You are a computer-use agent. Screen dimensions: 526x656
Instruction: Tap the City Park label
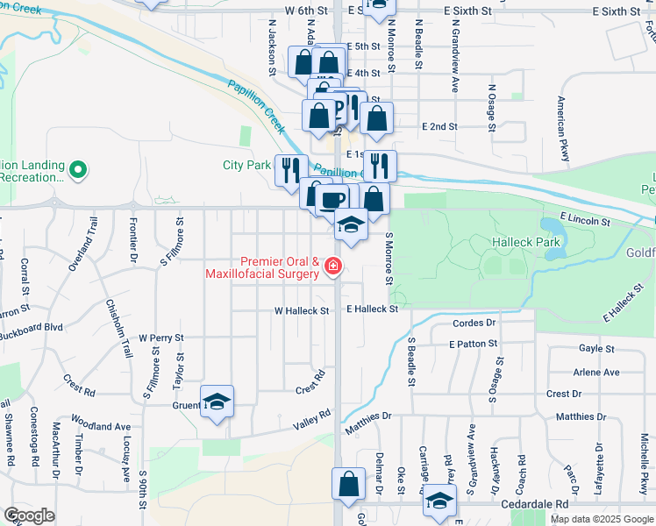[x=246, y=165]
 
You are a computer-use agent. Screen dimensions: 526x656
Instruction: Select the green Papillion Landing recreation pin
[x=78, y=169]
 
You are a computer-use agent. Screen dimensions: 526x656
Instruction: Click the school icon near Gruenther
[x=217, y=402]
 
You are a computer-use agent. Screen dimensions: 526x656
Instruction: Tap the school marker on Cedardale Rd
[x=440, y=501]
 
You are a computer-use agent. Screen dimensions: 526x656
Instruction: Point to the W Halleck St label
[x=301, y=310]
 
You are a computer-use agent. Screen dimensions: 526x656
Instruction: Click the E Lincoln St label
[x=588, y=223]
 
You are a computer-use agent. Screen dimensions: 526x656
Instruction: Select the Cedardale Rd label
[x=536, y=505]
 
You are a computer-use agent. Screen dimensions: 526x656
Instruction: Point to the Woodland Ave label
[x=101, y=427]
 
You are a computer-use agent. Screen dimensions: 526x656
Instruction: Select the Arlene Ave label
[x=595, y=372]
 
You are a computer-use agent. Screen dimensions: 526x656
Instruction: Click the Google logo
[x=30, y=515]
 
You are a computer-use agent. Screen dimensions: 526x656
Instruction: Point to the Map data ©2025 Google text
[x=603, y=518]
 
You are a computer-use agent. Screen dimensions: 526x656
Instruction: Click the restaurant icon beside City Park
[x=290, y=170]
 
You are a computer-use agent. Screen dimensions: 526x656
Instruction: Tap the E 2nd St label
[x=439, y=126]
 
